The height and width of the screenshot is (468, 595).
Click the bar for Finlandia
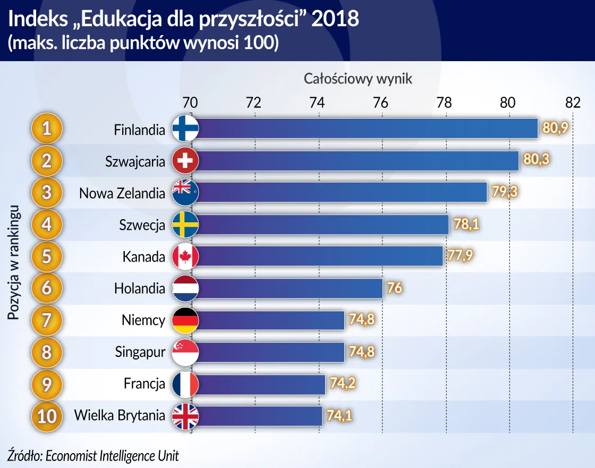tap(367, 129)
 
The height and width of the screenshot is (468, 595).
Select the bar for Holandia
tap(290, 289)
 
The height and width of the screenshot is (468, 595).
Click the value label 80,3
tap(535, 161)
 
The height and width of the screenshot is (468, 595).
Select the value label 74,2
tap(342, 384)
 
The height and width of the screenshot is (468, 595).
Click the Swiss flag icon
tap(185, 161)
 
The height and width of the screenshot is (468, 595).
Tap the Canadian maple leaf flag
tap(185, 257)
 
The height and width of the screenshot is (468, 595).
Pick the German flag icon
tap(185, 321)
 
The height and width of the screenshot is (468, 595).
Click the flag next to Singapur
tap(185, 352)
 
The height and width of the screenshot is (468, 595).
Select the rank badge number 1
tap(47, 129)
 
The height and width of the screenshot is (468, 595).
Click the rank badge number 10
tap(47, 416)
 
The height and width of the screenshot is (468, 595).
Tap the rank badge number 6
tap(47, 289)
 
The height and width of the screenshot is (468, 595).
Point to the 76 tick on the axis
tap(380, 103)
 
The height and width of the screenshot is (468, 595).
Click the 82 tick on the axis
tap(572, 103)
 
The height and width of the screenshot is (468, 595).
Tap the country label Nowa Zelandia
tap(122, 193)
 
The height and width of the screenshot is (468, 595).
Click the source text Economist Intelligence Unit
tap(112, 455)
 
